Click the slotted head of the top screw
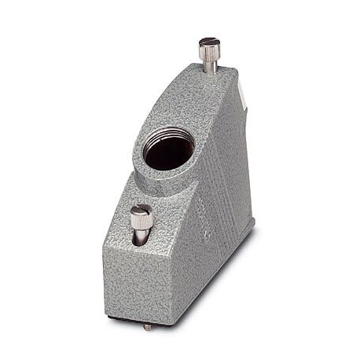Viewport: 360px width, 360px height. (209, 42)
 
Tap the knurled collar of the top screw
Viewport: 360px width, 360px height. (210, 53)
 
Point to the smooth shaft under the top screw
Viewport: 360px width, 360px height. (211, 66)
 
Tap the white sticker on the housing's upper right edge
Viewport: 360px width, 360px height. (243, 96)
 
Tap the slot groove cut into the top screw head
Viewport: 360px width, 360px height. (209, 41)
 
